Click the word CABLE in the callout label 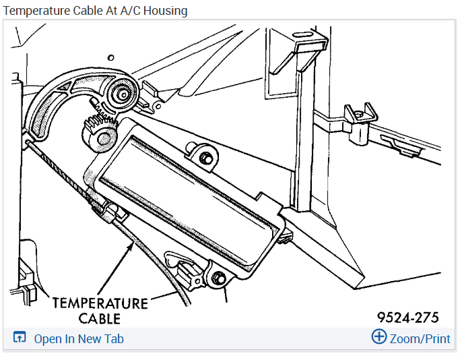point(98,318)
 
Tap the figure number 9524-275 point(408,317)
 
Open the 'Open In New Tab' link point(79,339)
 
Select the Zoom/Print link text point(420,338)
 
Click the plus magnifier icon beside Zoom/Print point(379,337)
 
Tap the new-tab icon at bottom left point(20,338)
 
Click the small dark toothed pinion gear point(100,132)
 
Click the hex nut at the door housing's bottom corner point(219,278)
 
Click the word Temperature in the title point(34,11)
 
